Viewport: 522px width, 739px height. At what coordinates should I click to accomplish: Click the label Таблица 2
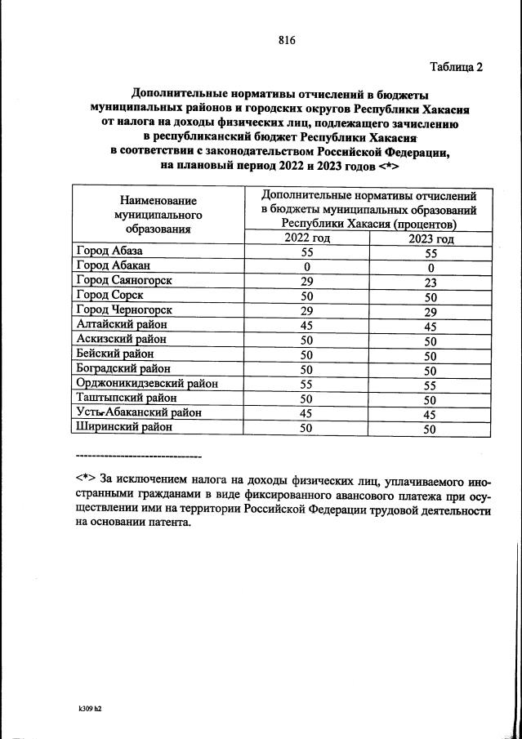[456, 68]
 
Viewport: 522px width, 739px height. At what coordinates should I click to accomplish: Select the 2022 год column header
[307, 238]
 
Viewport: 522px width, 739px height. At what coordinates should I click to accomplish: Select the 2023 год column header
[431, 239]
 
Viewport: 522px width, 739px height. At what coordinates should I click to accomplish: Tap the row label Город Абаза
[109, 252]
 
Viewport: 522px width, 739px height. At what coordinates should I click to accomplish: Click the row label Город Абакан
[113, 265]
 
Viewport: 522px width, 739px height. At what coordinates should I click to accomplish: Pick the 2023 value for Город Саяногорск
[431, 281]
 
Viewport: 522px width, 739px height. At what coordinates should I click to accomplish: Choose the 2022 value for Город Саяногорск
[307, 280]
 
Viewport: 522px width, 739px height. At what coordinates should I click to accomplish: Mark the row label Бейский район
[114, 354]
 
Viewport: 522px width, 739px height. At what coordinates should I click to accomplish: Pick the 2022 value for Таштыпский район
[307, 398]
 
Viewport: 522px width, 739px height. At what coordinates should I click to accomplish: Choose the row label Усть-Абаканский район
[138, 412]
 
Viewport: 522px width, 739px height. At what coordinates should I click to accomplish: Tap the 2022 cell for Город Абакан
[307, 266]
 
